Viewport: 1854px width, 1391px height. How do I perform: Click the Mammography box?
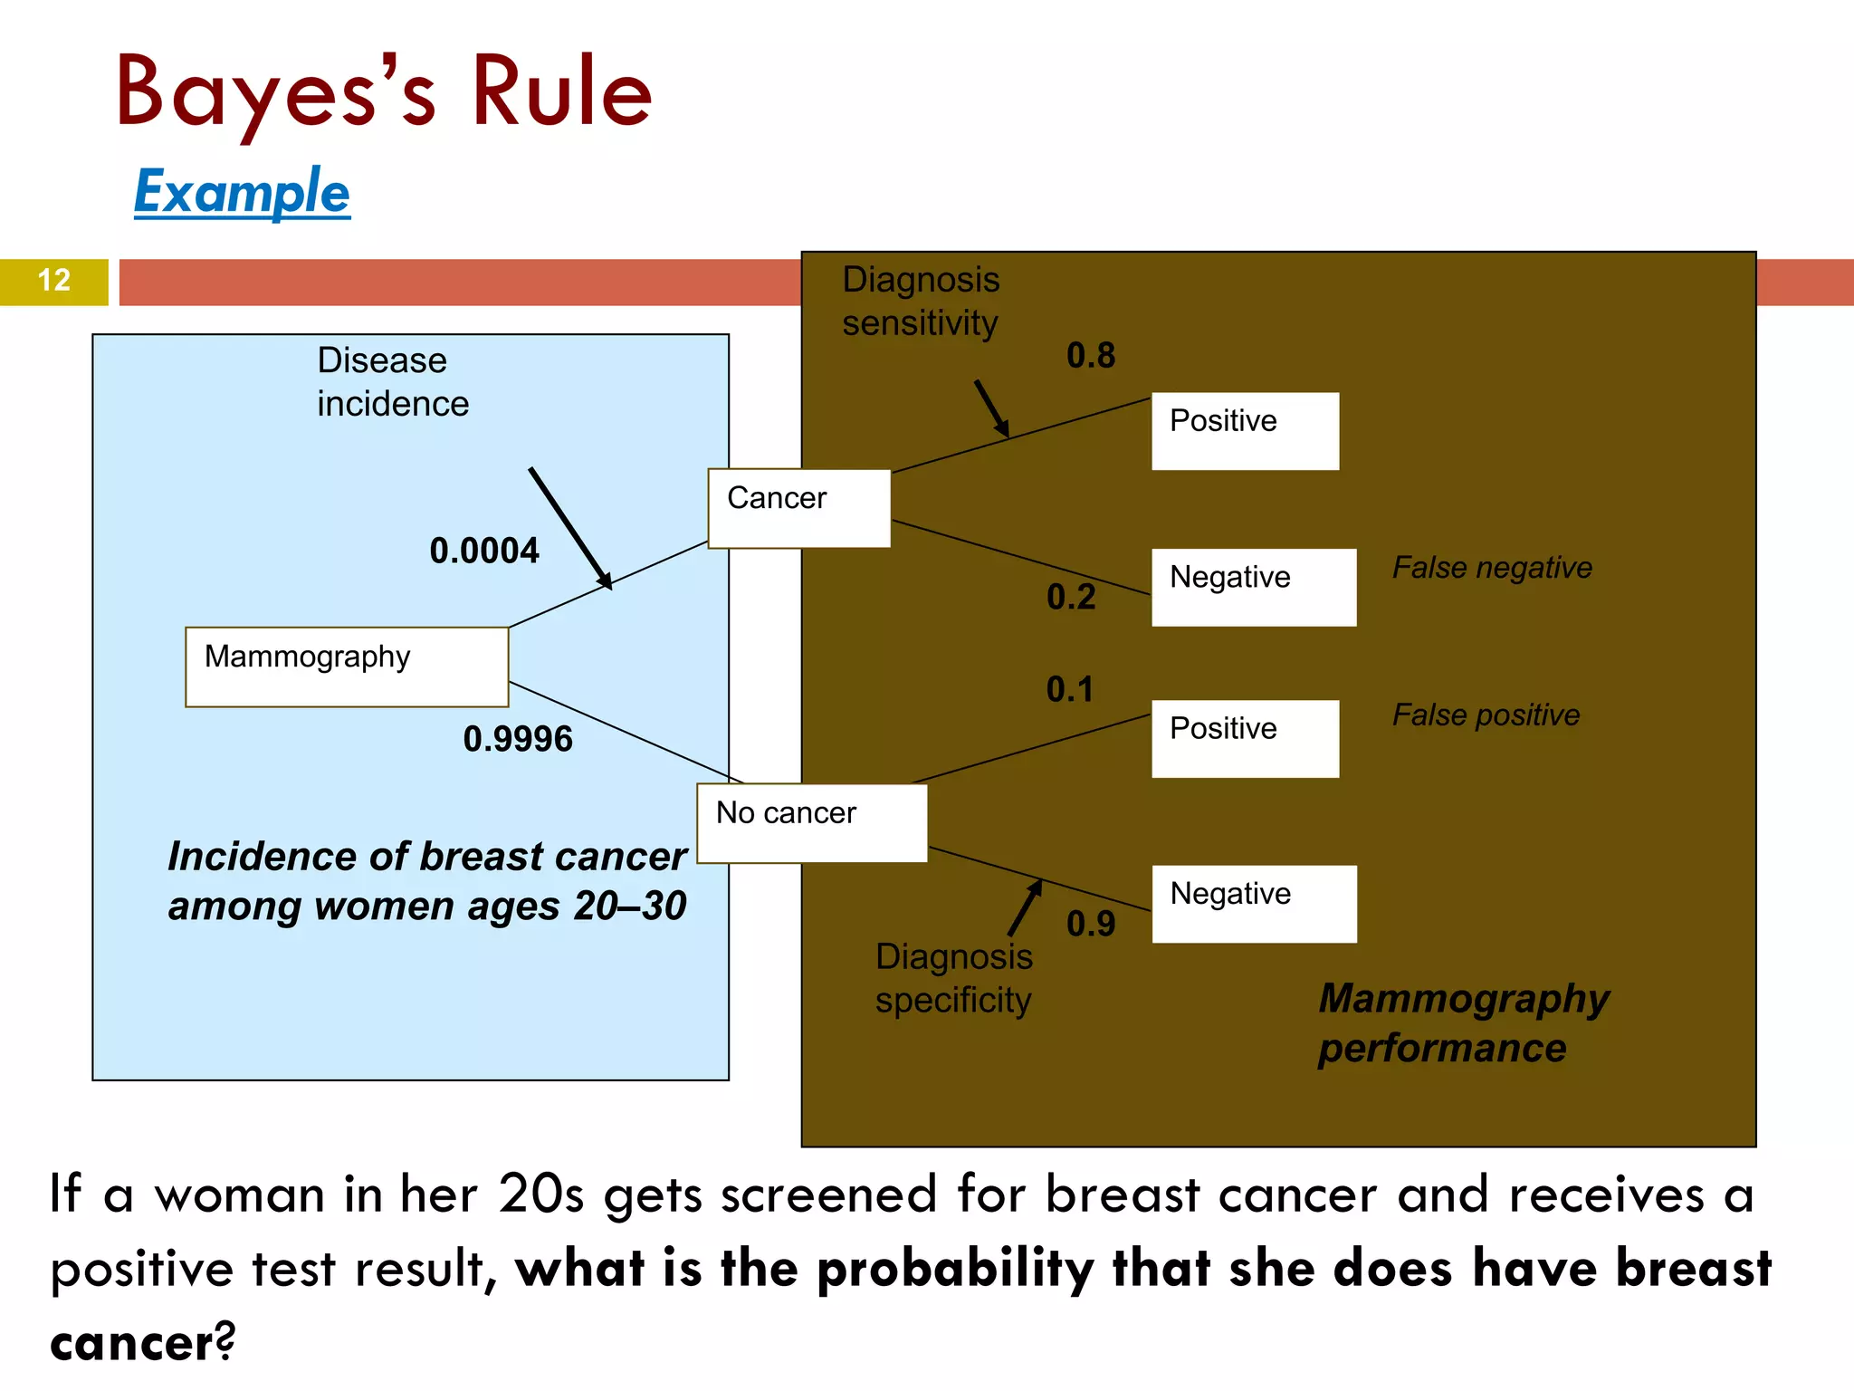pos(347,667)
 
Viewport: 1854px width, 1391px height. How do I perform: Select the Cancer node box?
pos(799,508)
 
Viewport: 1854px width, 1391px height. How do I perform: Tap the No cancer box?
pos(812,822)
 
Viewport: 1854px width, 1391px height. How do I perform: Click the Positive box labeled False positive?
pos(1245,738)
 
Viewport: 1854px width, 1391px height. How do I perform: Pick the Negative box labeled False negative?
pos(1254,587)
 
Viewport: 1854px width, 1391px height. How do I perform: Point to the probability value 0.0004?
pos(484,551)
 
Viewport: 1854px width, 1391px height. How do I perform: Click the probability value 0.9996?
pos(518,739)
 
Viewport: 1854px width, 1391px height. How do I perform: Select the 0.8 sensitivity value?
pos(1091,355)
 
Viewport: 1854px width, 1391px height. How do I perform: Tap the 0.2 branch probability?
pos(1071,597)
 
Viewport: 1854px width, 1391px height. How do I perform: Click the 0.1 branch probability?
pos(1070,689)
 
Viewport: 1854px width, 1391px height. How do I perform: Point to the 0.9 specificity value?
pos(1091,924)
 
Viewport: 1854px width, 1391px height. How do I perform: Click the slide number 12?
pos(54,280)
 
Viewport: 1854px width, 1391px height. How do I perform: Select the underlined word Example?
pos(242,192)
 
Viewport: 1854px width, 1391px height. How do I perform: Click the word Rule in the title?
pos(561,91)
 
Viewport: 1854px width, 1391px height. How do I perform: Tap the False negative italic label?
pos(1492,568)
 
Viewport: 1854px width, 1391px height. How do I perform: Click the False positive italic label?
pos(1486,715)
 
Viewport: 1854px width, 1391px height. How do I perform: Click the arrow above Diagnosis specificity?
pos(1025,908)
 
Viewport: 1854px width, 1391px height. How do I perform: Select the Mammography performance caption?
pos(1463,1023)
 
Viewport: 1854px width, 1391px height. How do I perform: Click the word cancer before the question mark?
pos(132,1343)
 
